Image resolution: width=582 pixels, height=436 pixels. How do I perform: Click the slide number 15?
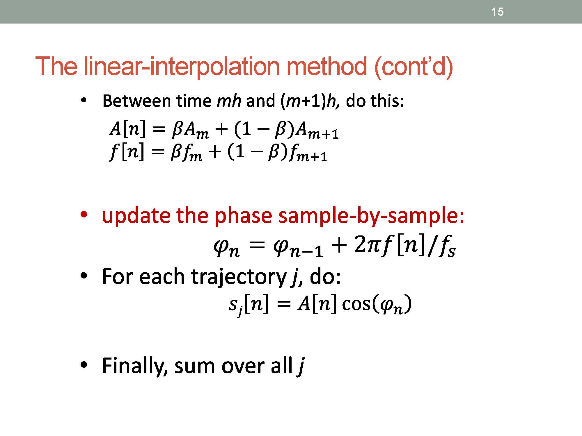pyautogui.click(x=497, y=12)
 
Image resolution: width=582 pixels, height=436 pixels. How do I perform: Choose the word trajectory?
pyautogui.click(x=239, y=277)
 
